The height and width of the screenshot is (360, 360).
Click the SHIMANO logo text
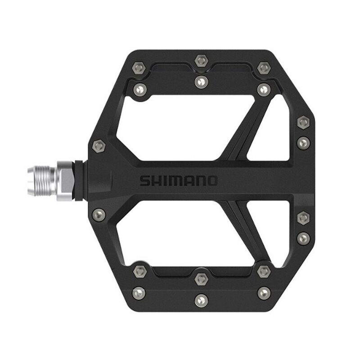[x=179, y=181]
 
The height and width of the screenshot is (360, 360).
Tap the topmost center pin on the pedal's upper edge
[x=201, y=59]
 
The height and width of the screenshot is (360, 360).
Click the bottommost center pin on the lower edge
[x=201, y=298]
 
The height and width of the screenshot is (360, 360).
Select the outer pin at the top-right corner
[x=263, y=68]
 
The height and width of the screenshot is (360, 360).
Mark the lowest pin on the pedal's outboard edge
[x=303, y=237]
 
